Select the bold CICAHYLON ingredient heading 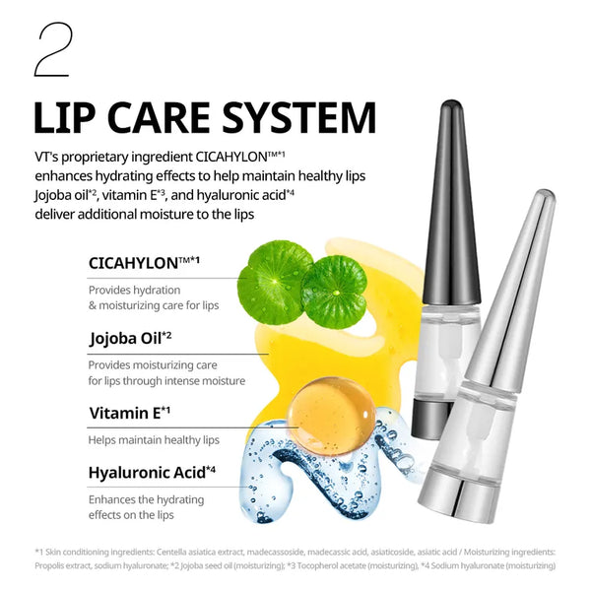[138, 263]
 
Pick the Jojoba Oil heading [129, 338]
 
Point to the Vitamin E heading [129, 413]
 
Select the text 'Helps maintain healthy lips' [154, 439]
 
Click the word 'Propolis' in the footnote [55, 565]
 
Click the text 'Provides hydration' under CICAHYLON [134, 290]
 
